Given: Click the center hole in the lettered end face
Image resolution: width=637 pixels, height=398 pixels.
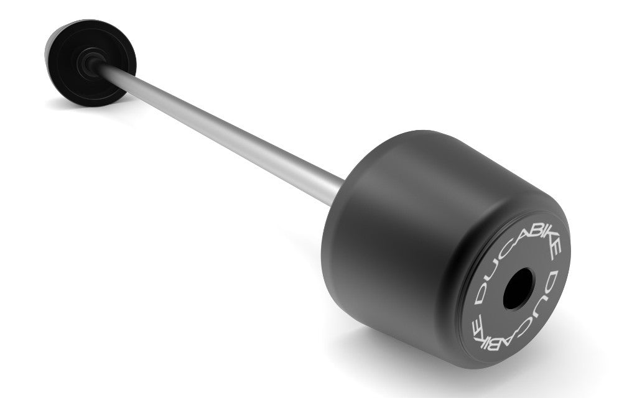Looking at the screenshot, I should pos(518,289).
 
